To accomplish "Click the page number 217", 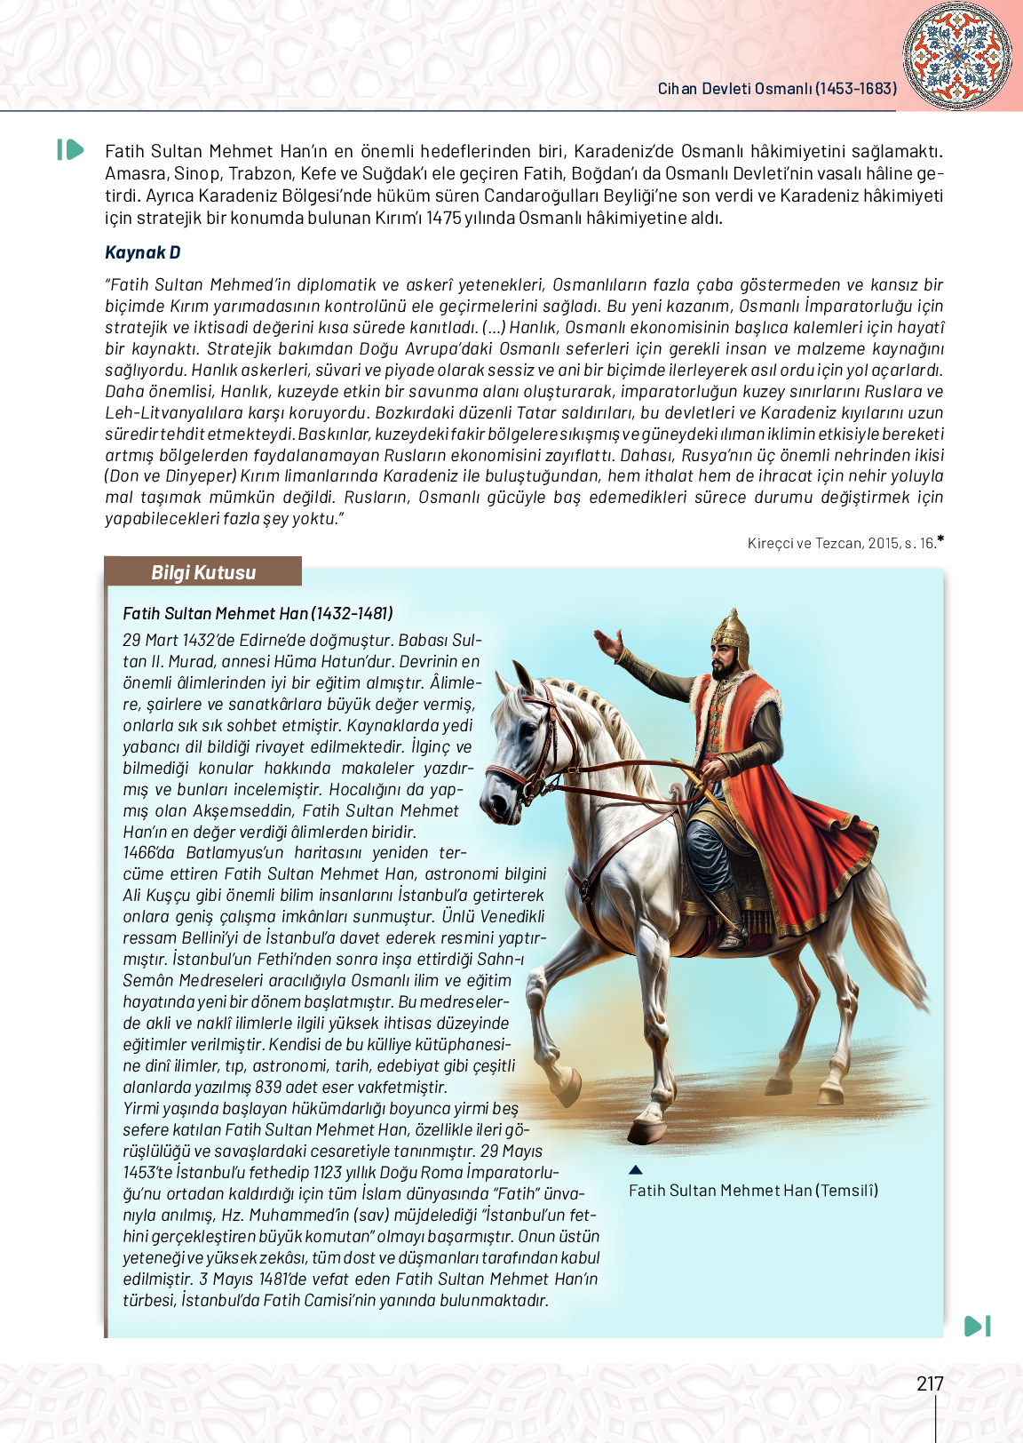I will point(930,1383).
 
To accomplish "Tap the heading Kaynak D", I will point(142,252).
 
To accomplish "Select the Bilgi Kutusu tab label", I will point(203,572).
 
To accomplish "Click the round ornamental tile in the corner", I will point(956,55).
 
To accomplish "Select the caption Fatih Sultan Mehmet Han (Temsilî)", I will point(753,1191).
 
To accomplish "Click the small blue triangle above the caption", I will point(635,1170).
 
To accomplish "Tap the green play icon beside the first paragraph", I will point(70,150).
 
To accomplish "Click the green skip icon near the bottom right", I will point(977,1326).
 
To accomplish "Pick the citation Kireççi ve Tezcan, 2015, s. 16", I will point(842,543).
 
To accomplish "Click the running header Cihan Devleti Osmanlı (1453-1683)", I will point(777,89).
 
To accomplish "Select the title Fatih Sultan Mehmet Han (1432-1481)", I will point(258,613).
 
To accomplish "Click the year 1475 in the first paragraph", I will point(443,218).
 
